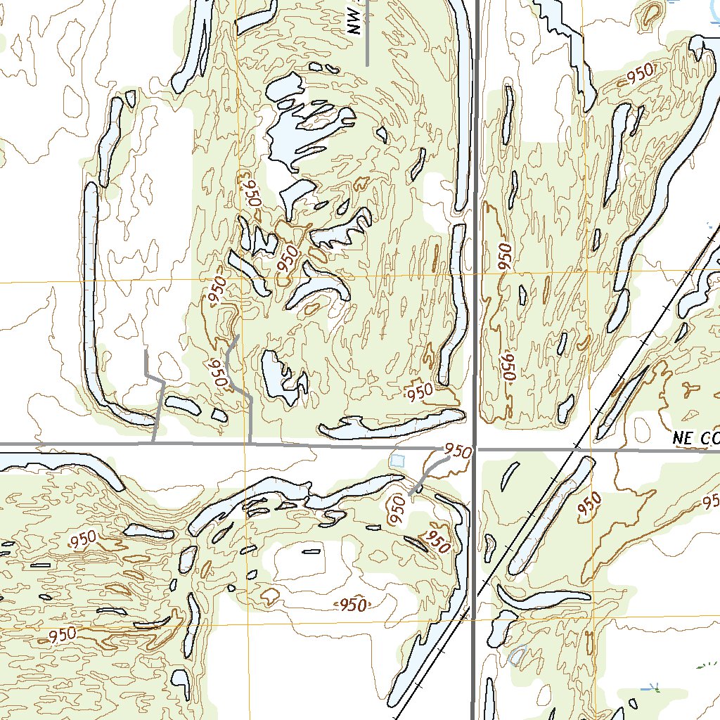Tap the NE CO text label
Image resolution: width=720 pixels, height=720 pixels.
[x=695, y=437]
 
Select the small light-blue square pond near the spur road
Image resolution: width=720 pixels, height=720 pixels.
[x=398, y=461]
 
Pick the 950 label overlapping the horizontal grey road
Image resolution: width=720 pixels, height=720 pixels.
[x=457, y=451]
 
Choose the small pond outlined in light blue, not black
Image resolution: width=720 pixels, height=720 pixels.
[x=517, y=655]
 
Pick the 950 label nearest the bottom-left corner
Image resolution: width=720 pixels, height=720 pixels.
[x=62, y=634]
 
